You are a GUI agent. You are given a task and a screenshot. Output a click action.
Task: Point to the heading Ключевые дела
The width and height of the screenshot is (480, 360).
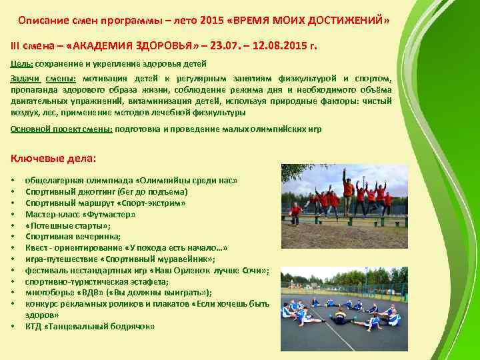[53, 158]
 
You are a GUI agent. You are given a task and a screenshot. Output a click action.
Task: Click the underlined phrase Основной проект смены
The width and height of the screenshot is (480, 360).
[61, 129]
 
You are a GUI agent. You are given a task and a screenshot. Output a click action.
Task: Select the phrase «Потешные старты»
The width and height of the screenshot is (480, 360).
[67, 225]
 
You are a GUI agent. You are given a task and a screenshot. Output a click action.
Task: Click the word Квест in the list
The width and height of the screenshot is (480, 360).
[37, 247]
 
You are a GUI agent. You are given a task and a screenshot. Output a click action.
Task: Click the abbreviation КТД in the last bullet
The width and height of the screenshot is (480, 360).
[33, 326]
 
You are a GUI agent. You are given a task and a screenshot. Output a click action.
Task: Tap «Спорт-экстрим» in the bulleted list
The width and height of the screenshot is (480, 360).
[153, 203]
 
